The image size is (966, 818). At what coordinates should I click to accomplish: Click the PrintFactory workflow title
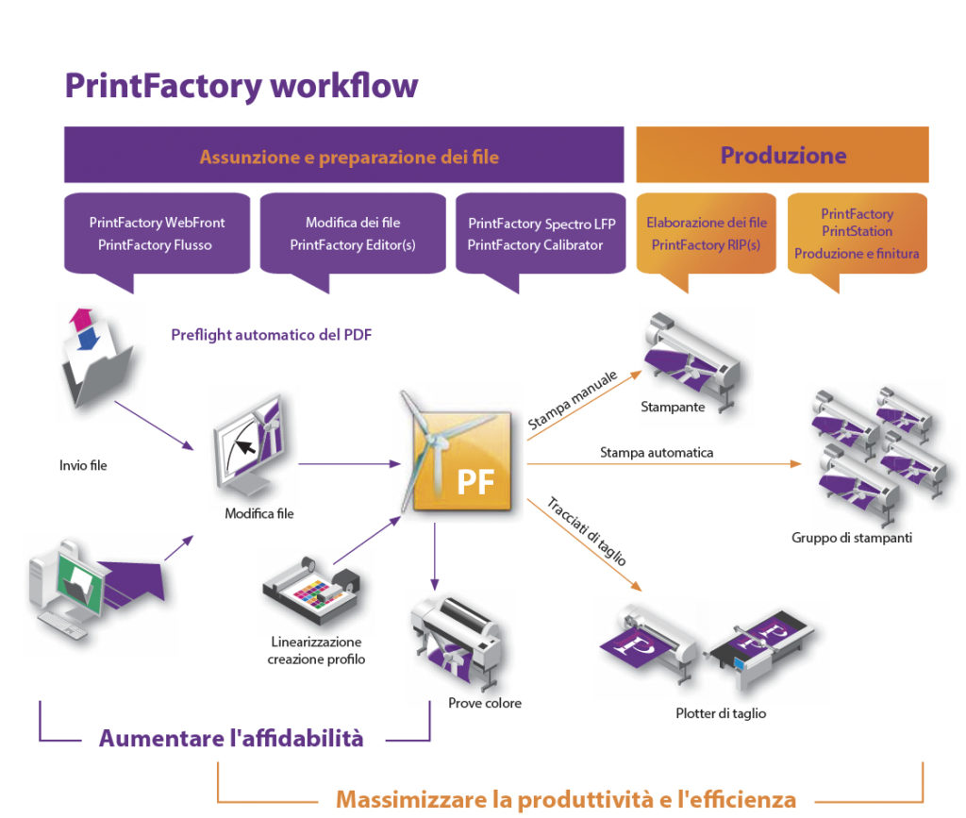(x=241, y=86)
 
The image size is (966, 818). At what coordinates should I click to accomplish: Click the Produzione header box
(x=782, y=155)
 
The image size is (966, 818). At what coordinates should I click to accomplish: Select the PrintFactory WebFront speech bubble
(x=157, y=234)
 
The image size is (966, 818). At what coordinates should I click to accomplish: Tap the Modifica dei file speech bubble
(x=352, y=234)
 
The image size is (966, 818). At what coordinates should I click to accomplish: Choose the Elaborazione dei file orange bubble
(x=706, y=234)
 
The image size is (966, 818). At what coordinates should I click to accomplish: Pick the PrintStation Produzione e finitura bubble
(x=857, y=234)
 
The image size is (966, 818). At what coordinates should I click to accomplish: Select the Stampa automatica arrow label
(x=657, y=453)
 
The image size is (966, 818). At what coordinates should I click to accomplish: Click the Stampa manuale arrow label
(x=573, y=401)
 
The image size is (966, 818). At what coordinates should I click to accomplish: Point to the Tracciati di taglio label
(x=586, y=531)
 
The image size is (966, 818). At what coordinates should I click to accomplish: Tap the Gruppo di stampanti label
(x=852, y=539)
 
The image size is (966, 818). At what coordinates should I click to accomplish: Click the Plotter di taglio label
(x=721, y=713)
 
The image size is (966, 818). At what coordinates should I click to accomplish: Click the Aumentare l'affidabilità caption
(x=231, y=739)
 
